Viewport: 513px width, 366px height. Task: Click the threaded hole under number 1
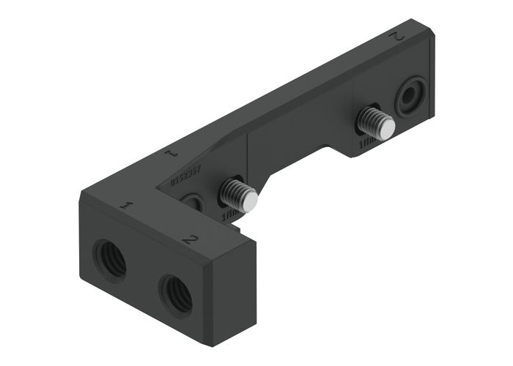click(x=110, y=259)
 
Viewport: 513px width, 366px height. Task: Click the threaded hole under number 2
click(x=176, y=292)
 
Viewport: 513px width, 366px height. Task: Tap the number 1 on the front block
click(x=125, y=206)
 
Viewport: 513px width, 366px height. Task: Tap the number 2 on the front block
click(x=189, y=239)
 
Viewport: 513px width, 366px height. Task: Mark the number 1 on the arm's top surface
click(x=170, y=154)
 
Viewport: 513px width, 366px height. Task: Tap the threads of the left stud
click(x=234, y=192)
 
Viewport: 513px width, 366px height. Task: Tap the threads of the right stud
click(x=370, y=119)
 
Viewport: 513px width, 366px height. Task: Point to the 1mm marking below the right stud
click(x=367, y=145)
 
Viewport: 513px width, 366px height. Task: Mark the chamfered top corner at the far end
click(x=425, y=31)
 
